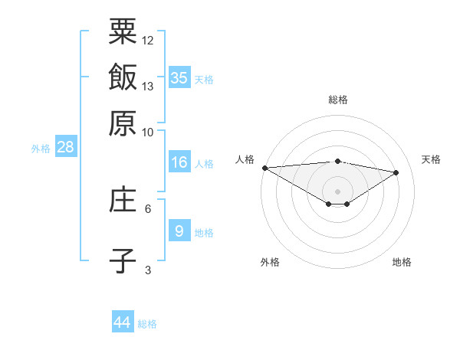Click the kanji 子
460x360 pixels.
123,260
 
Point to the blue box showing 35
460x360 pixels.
179,77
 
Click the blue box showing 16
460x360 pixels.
179,162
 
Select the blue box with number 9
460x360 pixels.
179,231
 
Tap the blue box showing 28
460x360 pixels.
65,147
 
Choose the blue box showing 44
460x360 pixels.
123,322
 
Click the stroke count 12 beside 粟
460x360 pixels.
148,40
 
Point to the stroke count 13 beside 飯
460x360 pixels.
148,86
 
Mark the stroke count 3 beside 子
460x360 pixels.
148,270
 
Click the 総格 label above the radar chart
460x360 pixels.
338,100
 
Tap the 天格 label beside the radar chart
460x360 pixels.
431,159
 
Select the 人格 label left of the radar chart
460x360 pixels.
245,159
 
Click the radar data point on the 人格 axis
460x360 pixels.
264,168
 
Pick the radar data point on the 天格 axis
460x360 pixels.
396,172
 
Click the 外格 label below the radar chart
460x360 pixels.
270,262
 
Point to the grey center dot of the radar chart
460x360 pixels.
337,190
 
